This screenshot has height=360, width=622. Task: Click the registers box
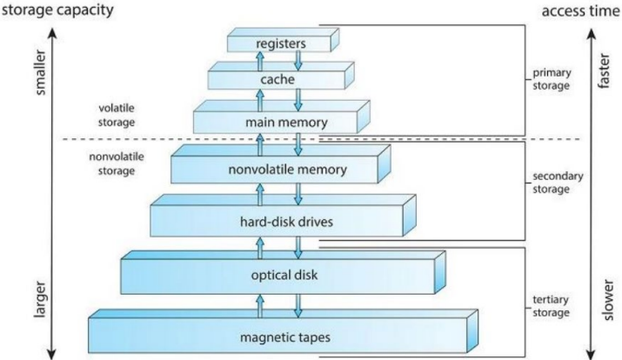283,40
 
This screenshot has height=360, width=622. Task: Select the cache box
281,76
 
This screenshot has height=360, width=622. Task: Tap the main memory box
282,117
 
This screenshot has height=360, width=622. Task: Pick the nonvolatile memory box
281,164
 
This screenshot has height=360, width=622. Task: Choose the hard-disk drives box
283,216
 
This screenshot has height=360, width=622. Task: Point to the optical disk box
284,272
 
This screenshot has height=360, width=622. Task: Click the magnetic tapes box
284,331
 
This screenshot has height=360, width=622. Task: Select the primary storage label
552,79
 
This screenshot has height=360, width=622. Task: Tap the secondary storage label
558,183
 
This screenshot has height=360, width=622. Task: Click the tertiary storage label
551,306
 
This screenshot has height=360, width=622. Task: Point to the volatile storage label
117,115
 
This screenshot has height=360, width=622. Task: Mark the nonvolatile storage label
117,163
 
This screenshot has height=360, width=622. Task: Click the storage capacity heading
58,10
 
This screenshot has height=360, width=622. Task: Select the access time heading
581,11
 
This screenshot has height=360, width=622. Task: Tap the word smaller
41,72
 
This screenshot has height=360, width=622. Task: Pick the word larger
41,299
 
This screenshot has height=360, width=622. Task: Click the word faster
604,71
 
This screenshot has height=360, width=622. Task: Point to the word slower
608,300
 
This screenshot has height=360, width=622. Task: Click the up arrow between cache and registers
260,61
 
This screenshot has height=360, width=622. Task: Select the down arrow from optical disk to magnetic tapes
298,306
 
